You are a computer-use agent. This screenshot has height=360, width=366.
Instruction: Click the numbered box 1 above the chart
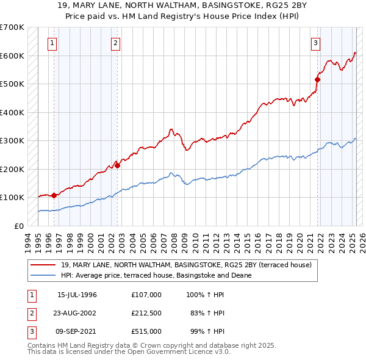pos(52,43)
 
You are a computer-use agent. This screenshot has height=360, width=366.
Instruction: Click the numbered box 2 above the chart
pos(115,43)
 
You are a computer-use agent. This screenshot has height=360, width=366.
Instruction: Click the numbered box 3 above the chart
pos(315,43)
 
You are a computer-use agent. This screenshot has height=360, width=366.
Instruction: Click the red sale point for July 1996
pos(54,196)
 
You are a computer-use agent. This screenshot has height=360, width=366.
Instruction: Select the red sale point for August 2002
pos(118,166)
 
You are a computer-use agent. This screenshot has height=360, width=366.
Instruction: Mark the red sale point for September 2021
pos(317,79)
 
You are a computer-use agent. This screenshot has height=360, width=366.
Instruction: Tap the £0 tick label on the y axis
pos(18,226)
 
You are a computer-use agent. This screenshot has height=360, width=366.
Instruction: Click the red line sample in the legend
pos(43,265)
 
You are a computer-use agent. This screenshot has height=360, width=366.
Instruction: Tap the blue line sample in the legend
pos(43,275)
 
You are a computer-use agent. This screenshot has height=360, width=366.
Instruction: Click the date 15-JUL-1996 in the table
pos(77,294)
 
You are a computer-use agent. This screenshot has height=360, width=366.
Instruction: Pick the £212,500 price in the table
pos(146,313)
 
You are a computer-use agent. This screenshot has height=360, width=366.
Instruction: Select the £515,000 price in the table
pos(146,331)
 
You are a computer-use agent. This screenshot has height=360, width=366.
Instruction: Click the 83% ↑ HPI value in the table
pos(207,313)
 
